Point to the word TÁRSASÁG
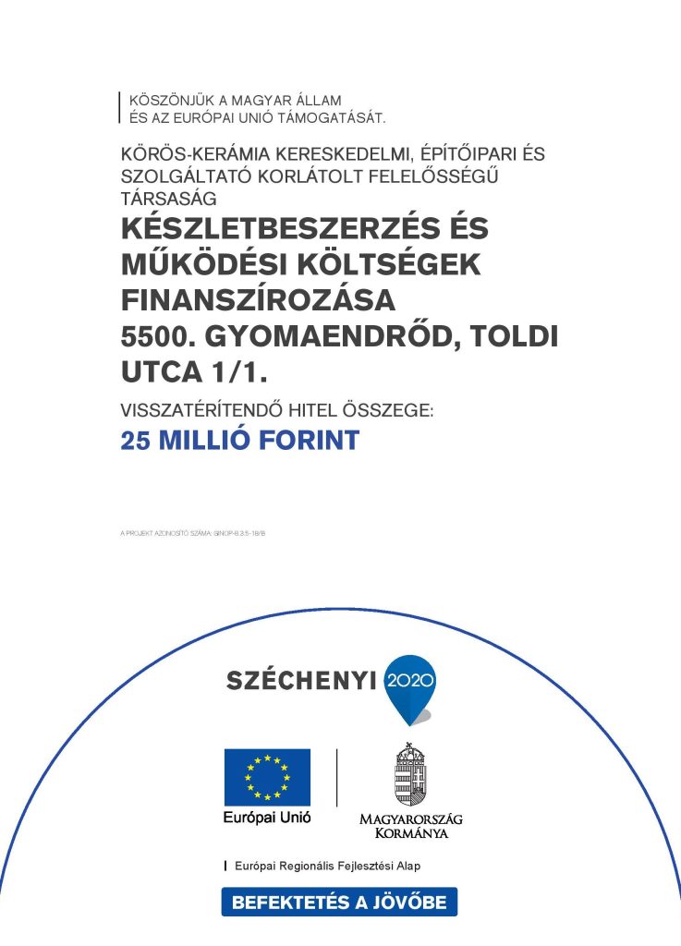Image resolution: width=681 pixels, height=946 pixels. coord(168,197)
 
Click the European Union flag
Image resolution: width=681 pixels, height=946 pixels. coord(267,777)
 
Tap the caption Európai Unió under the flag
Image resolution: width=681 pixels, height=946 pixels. coord(267,819)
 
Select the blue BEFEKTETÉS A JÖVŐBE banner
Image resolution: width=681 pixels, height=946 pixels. coord(339,903)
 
